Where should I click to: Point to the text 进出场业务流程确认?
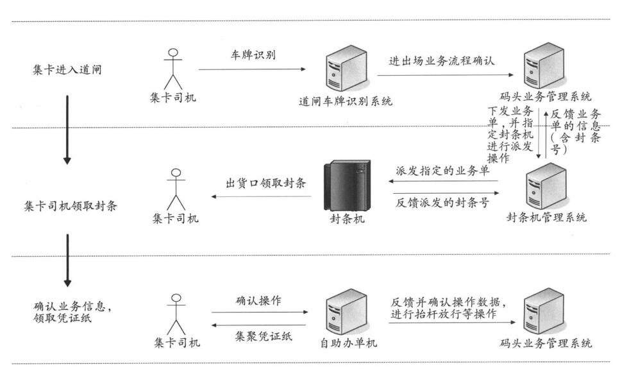[442, 62]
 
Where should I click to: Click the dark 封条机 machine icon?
[346, 186]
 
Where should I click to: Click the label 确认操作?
[258, 300]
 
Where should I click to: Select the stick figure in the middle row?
[175, 189]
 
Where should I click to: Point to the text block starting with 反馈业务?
[575, 132]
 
